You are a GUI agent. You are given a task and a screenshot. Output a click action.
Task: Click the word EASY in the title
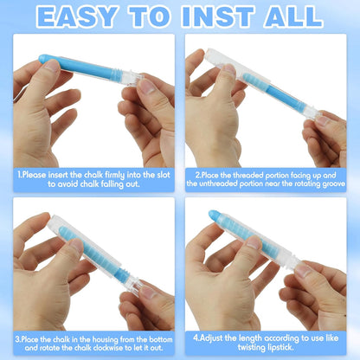[x=77, y=16]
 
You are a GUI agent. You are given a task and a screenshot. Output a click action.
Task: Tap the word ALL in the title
[x=293, y=16]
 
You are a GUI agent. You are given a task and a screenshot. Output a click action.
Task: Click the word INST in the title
[x=218, y=16]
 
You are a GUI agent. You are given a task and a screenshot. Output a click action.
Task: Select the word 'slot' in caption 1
[x=164, y=175]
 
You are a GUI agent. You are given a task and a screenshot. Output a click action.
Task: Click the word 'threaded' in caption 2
[x=248, y=175]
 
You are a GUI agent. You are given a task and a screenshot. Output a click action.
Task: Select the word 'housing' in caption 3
[x=105, y=339]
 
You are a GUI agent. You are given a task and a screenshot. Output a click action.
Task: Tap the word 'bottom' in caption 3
[x=161, y=339]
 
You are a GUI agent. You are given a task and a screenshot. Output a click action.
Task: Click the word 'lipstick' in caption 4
[x=280, y=347]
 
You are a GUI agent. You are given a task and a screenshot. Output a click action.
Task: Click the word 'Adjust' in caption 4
[x=214, y=338]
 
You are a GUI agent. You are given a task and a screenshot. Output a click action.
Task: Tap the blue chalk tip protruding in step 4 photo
[x=215, y=215]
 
